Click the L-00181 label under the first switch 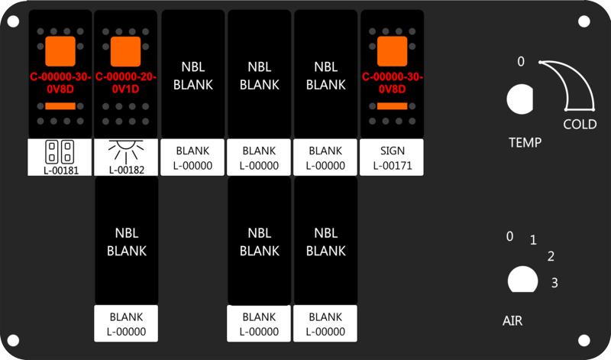coord(60,170)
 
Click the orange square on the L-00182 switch coord(125,50)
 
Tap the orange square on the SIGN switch coord(392,50)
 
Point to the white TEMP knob coord(522,100)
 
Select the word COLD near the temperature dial coord(580,125)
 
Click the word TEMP coord(525,142)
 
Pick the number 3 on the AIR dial coord(554,283)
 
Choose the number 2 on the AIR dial coord(551,256)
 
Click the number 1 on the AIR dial coord(533,241)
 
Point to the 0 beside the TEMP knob coord(521,62)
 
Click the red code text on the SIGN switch coord(392,83)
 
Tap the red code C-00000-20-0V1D coord(125,83)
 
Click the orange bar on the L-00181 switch coord(60,105)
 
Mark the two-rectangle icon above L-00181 coord(60,148)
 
